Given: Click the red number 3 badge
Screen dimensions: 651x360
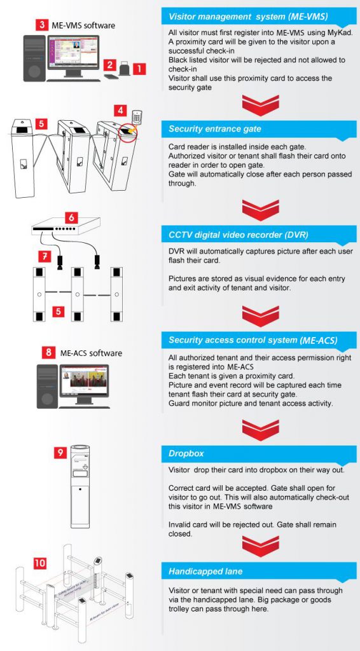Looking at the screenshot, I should point(42,25).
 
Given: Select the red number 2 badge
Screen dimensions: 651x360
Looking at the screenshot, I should point(109,65).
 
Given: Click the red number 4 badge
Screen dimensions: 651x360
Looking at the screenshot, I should point(120,110).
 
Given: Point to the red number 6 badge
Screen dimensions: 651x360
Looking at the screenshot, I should point(72,217).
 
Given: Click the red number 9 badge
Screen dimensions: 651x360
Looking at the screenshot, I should point(59,453).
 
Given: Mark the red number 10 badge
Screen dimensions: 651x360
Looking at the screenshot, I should point(39,563).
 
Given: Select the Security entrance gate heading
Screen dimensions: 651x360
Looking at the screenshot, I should point(215,128).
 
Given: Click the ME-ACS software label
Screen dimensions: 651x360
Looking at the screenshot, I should point(92,352).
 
